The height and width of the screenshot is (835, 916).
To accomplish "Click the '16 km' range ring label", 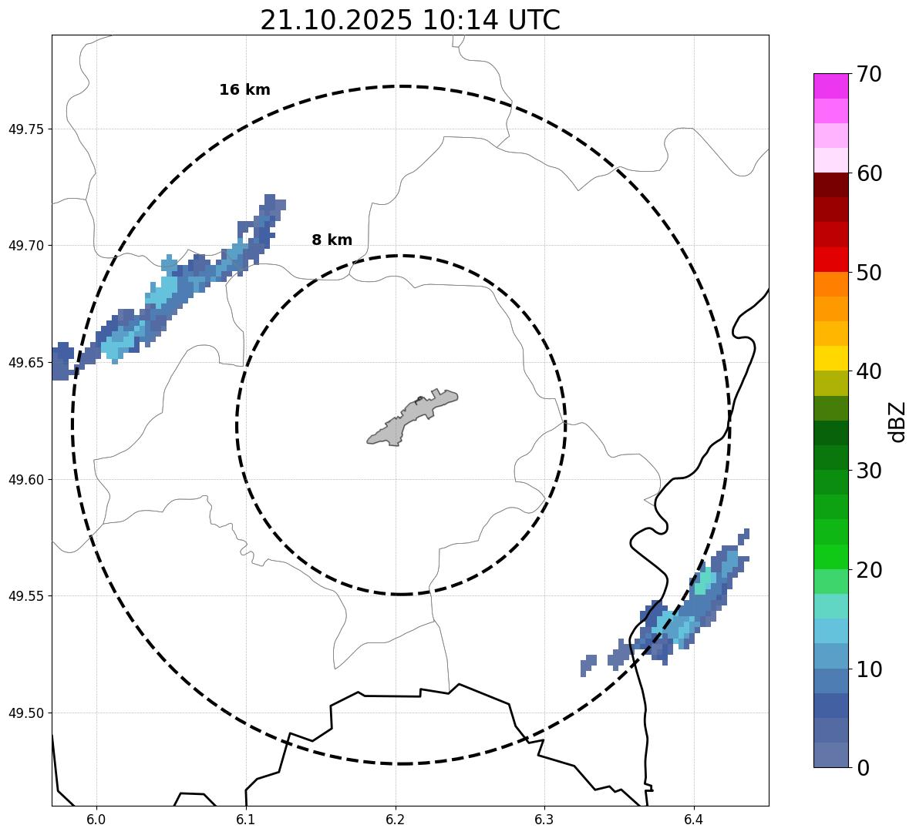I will click(x=244, y=90).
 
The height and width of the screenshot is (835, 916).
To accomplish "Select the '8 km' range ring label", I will click(x=332, y=240).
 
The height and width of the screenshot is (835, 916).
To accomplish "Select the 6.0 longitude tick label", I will click(x=96, y=820).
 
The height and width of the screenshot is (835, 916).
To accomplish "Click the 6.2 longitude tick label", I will click(x=396, y=820).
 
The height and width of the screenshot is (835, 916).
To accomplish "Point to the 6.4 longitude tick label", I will click(x=694, y=820).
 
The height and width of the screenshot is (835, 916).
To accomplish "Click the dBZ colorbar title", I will click(x=897, y=421).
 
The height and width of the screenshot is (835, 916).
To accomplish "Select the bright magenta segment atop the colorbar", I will click(x=830, y=86).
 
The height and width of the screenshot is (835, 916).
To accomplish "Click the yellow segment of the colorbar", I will click(x=830, y=358).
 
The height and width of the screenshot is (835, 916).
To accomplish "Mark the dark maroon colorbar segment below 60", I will click(x=830, y=185).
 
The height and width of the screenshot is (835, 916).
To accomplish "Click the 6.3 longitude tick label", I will click(x=544, y=820).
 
